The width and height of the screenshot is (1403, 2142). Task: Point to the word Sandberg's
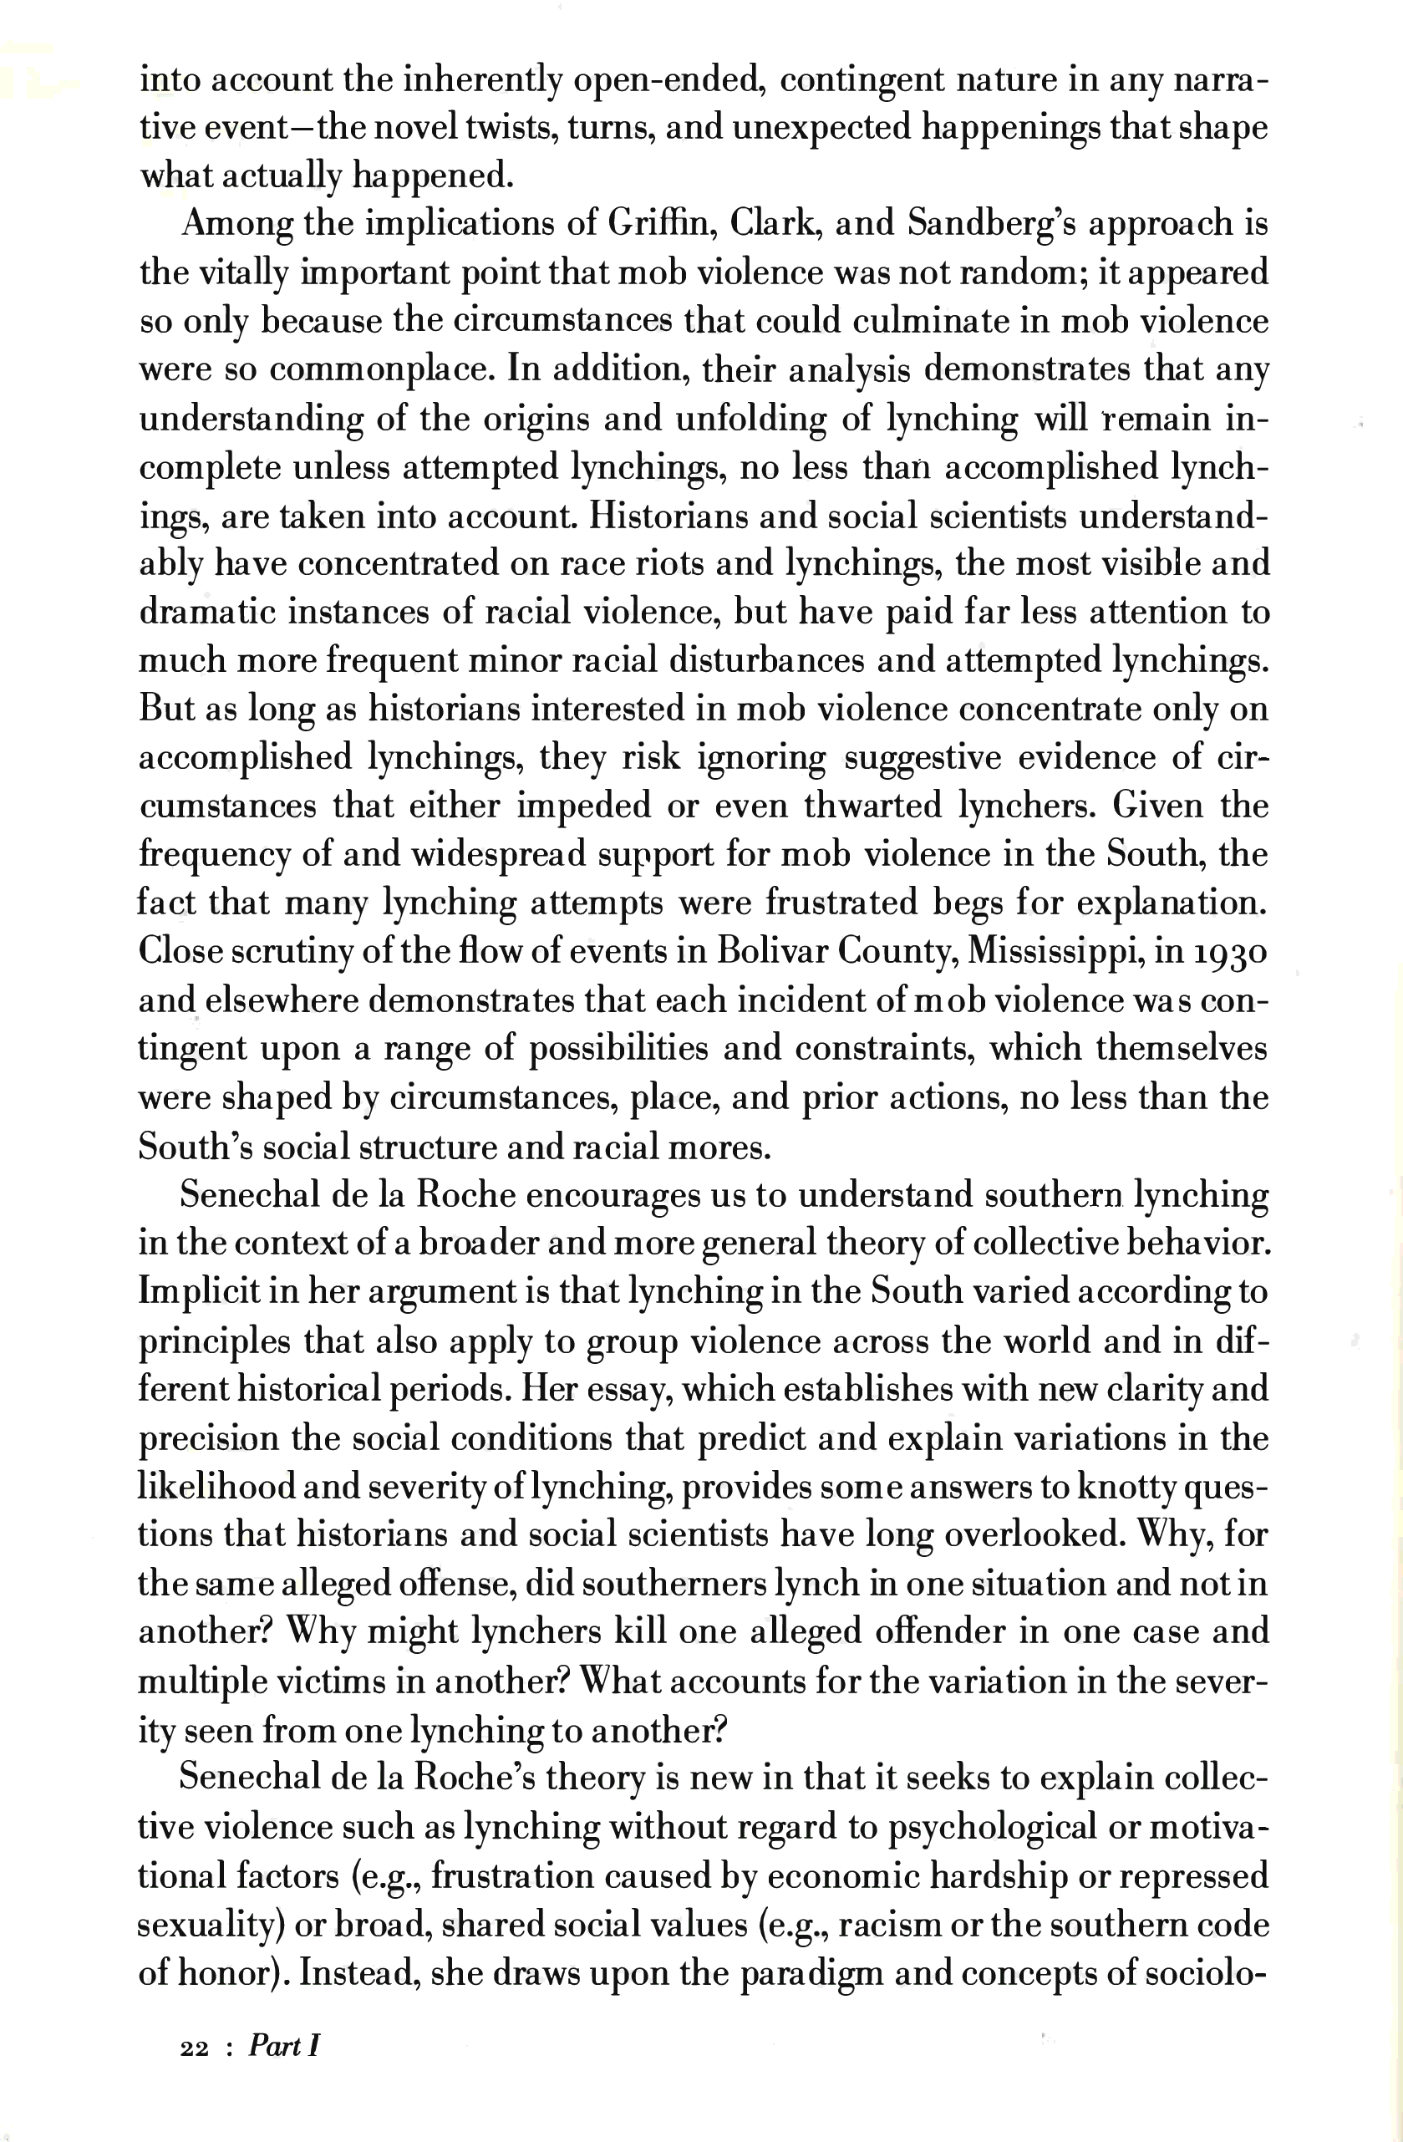click(991, 223)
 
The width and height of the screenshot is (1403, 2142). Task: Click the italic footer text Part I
click(284, 2047)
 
